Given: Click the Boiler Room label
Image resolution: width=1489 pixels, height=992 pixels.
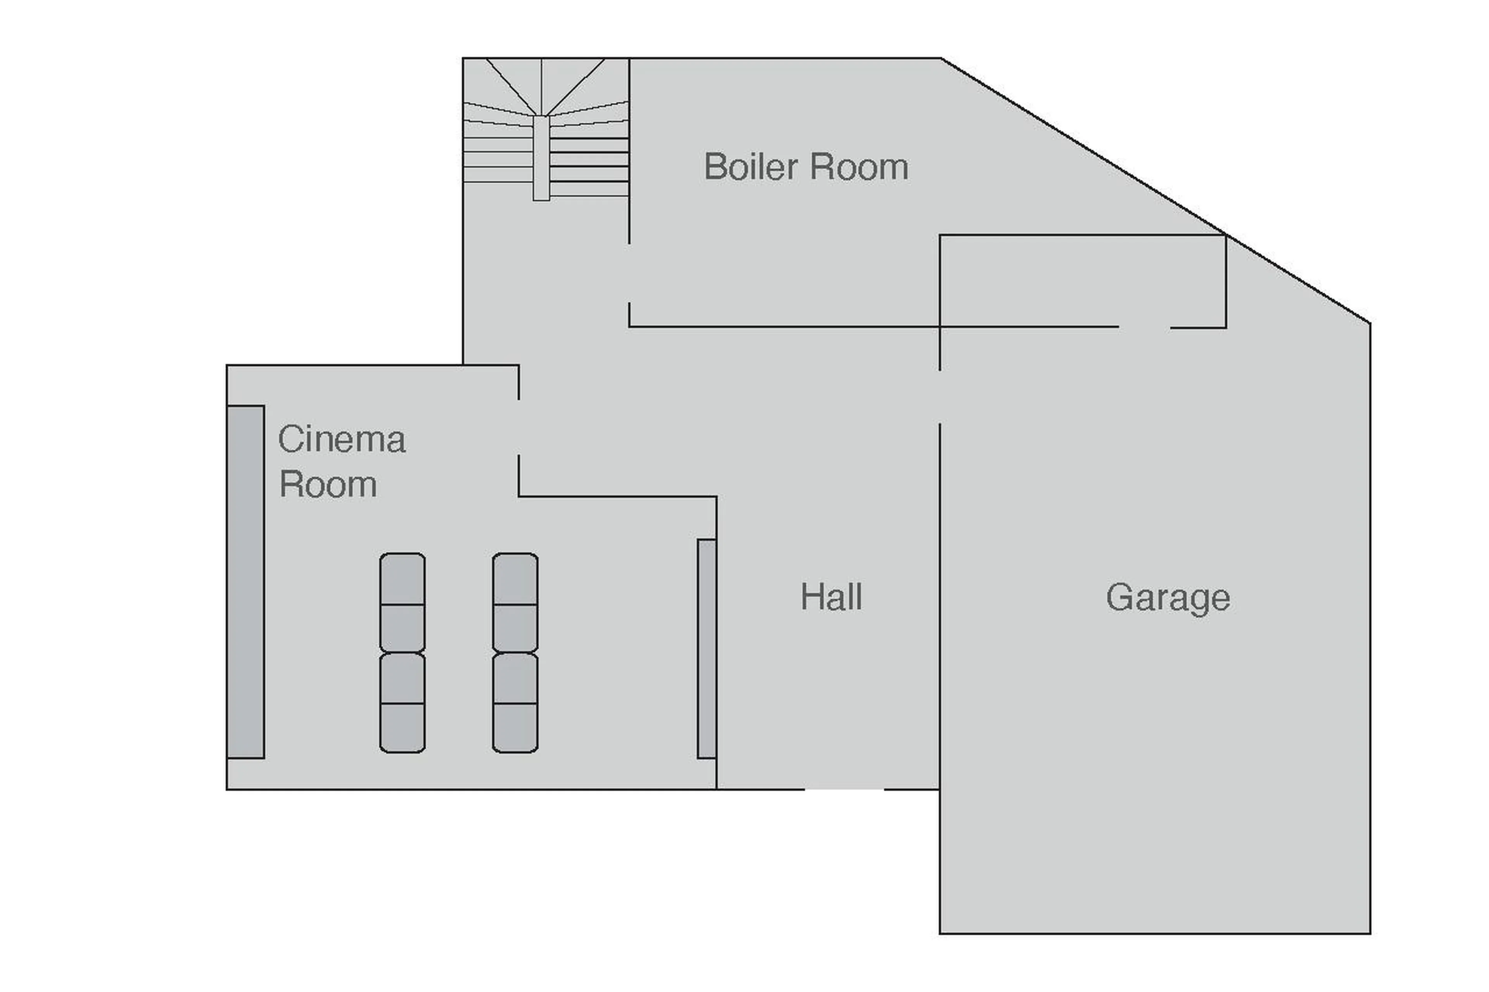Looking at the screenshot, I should pos(805,167).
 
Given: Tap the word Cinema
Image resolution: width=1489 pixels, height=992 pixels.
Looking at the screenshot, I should pos(341,439).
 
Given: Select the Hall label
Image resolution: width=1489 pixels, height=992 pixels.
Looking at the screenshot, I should pos(831,597).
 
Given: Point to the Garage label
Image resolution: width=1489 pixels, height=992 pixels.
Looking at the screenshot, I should pos(1168,598).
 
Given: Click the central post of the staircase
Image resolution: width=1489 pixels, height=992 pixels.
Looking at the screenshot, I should pos(541,158).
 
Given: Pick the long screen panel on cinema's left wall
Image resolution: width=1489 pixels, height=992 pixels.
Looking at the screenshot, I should pos(245,581).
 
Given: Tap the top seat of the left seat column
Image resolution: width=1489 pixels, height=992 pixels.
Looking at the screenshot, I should pos(402,579).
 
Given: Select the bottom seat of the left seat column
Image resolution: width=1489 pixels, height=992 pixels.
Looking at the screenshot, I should pos(402,728).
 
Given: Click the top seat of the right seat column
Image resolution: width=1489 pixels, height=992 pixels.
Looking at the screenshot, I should pos(515,579).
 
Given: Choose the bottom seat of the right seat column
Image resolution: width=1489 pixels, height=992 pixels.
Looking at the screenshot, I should pos(515,728).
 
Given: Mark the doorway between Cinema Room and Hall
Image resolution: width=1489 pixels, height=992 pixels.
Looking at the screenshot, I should pos(519,427).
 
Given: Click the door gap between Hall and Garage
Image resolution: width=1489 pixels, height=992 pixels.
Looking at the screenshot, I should pos(939,397).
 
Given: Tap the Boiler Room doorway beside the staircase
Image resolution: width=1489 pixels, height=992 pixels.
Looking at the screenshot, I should pos(629,273).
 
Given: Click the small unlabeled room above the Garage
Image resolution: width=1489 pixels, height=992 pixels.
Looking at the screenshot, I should pos(1082,281).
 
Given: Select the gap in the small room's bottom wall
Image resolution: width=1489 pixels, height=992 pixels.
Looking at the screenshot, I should pos(1144,327).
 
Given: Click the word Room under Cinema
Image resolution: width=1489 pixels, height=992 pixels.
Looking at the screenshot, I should pos(328,485).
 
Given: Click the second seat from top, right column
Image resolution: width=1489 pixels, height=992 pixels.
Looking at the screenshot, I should pos(515,628).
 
